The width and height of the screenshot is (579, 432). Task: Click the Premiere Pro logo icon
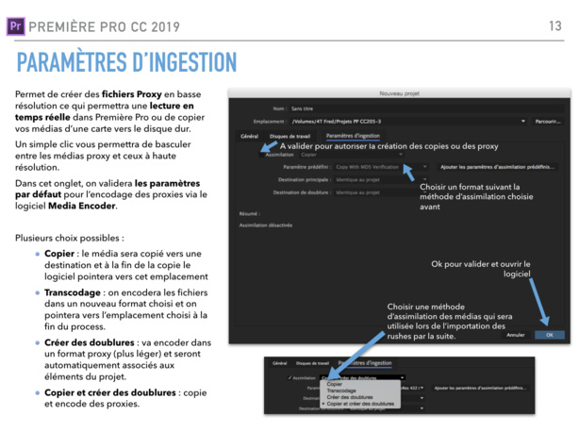pos(14,25)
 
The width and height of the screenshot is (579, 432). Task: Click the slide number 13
pos(554,25)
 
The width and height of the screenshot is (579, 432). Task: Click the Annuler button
pos(515,334)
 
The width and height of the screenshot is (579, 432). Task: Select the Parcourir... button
pos(547,122)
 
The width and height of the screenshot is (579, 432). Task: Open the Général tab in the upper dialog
pos(249,136)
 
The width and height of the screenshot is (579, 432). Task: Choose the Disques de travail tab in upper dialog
pos(289,136)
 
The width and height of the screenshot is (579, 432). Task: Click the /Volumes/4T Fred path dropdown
pos(405,122)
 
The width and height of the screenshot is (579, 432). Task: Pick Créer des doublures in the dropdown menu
pos(349,397)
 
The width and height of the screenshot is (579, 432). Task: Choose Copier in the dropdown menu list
pos(335,384)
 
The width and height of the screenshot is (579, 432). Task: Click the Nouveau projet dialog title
pos(397,93)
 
